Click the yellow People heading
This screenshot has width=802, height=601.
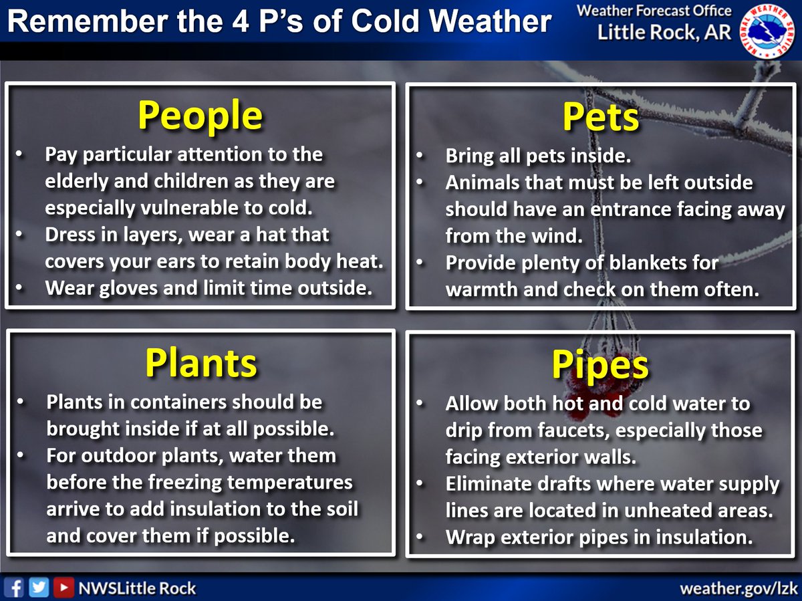200,116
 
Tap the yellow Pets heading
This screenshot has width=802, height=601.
601,118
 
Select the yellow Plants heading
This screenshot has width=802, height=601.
200,364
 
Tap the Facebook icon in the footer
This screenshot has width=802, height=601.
17,588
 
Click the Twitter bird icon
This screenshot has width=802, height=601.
39,588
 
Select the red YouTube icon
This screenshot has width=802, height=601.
63,588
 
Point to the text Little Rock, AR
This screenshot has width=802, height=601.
664,33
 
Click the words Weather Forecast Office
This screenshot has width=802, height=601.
653,11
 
